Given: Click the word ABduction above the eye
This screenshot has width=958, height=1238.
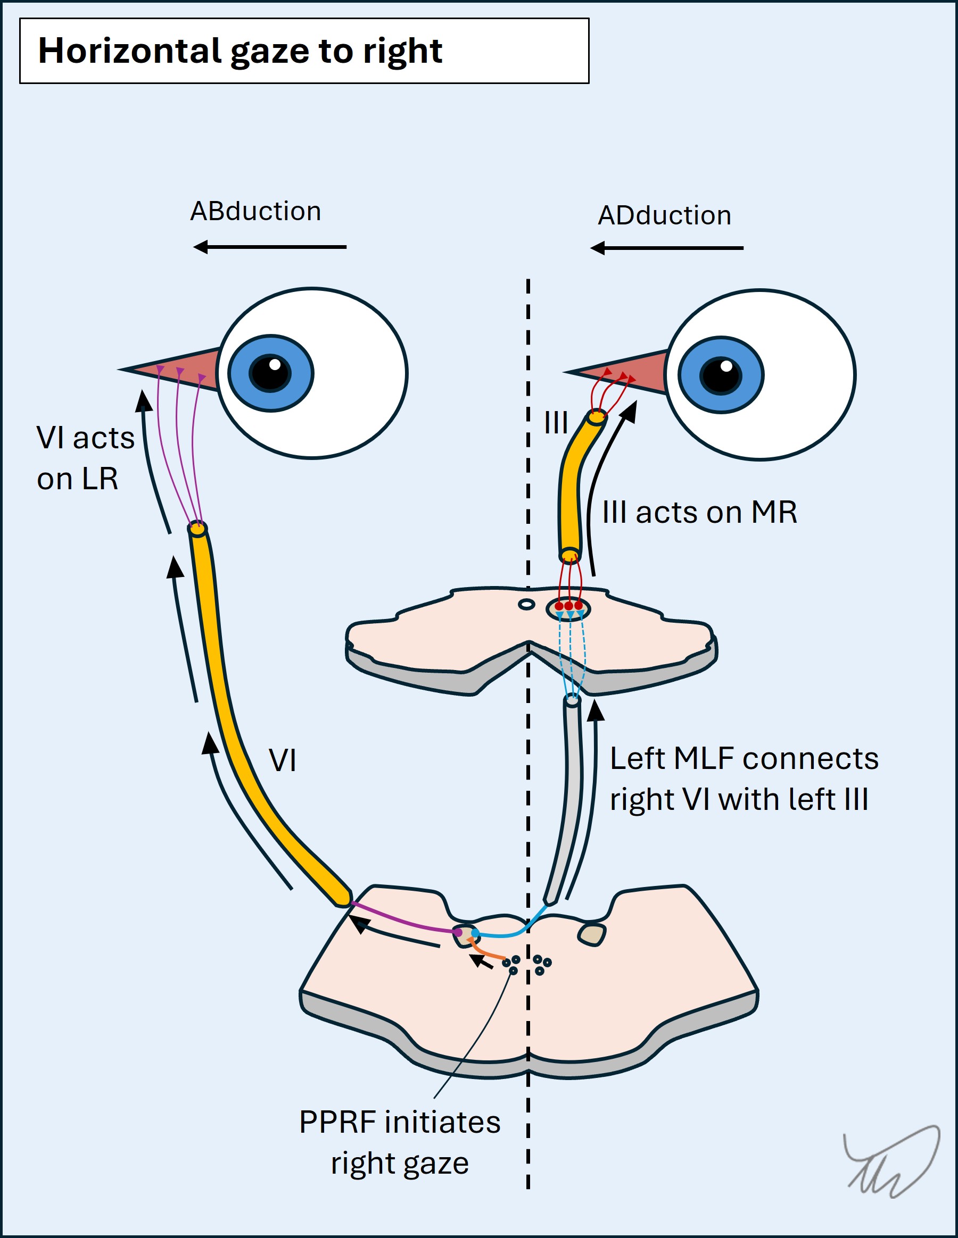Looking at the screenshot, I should (255, 212).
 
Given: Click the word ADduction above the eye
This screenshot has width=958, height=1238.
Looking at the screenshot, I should (664, 216).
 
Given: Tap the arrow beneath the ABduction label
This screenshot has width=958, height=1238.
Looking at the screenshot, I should (269, 247).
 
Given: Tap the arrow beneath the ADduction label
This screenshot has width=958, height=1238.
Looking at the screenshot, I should (666, 248).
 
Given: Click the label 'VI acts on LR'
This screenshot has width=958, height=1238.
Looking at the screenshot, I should (85, 458).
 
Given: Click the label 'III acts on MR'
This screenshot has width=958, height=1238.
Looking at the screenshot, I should (699, 513).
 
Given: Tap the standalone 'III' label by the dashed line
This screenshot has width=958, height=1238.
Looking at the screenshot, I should (556, 423).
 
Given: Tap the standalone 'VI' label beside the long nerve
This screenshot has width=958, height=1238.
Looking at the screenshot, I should (282, 760).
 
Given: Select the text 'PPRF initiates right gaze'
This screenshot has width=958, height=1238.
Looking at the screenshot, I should (400, 1143).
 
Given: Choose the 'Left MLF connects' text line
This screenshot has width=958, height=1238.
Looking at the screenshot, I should (744, 759).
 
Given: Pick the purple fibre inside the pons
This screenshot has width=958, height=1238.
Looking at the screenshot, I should (403, 919).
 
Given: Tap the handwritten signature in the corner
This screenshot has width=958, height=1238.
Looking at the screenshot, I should (890, 1162).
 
